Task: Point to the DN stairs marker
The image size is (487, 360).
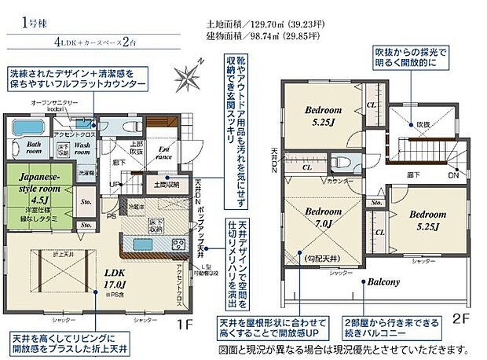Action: [x=453, y=176]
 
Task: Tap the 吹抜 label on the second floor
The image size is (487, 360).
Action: [x=423, y=124]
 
